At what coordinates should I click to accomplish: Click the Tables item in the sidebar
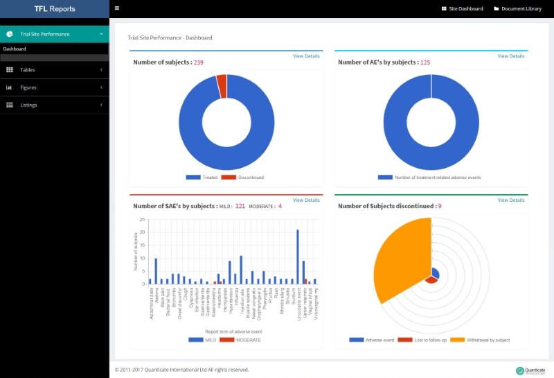click(28, 70)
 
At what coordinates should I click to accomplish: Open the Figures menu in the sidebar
click(28, 87)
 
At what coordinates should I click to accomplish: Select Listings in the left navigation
click(28, 105)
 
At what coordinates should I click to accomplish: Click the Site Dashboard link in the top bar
click(462, 9)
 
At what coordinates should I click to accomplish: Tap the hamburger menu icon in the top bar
click(117, 8)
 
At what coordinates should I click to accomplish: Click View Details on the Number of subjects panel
click(306, 56)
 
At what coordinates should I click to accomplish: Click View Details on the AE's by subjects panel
click(511, 56)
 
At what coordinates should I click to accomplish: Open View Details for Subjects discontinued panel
click(511, 200)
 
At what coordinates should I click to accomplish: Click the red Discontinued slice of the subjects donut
click(222, 86)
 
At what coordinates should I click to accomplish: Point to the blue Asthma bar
click(156, 270)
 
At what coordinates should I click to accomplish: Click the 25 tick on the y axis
click(142, 220)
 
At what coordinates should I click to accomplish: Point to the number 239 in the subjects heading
click(199, 62)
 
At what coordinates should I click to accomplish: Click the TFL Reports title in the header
click(55, 9)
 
